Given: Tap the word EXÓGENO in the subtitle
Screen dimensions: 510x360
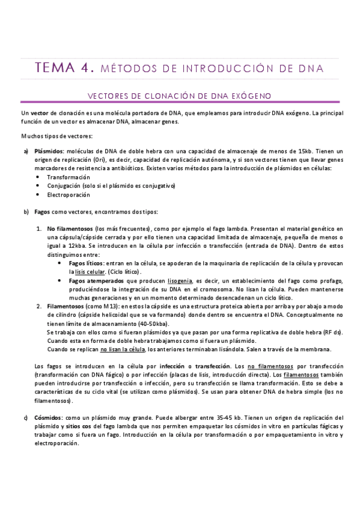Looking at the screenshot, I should click(252, 96).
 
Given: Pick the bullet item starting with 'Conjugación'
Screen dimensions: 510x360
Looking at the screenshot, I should click(111, 186).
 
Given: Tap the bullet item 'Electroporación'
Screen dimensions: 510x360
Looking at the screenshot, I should click(69, 195).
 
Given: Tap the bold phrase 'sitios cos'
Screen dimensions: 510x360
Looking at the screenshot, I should click(81, 426).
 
